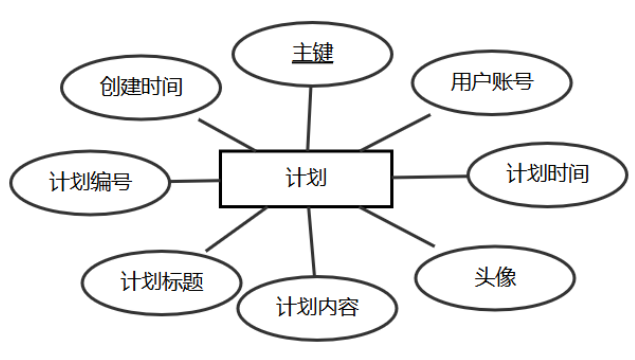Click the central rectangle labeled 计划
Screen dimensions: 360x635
(x=306, y=179)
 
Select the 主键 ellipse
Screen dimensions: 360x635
(x=313, y=54)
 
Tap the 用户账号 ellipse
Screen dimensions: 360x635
(x=492, y=82)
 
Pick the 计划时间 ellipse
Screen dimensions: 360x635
(x=547, y=175)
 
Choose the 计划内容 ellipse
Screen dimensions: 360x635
(x=317, y=308)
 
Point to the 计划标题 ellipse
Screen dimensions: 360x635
(x=162, y=282)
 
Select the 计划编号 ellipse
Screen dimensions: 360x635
(x=90, y=182)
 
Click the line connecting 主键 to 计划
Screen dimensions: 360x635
(x=309, y=119)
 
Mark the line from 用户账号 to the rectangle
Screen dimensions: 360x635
(x=395, y=132)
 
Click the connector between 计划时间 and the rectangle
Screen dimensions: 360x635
(x=430, y=176)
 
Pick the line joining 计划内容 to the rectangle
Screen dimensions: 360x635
(x=312, y=242)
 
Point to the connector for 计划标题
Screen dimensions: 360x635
(x=236, y=229)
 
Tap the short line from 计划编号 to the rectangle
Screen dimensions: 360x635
(x=195, y=181)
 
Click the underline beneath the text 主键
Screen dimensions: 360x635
(x=313, y=63)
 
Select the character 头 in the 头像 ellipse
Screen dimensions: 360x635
(x=484, y=278)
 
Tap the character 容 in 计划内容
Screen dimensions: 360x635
(x=349, y=308)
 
